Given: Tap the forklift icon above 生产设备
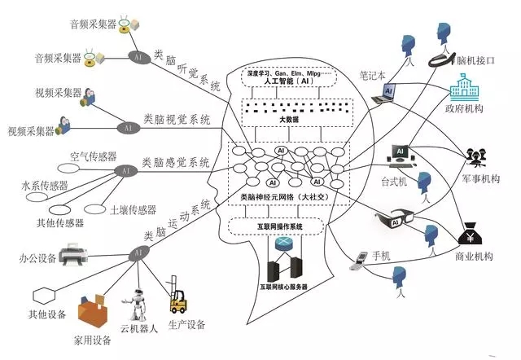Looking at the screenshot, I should coord(177,301).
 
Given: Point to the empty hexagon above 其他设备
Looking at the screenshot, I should coord(41,294).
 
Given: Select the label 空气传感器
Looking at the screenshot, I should coord(94,156).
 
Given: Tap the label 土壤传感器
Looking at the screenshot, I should coord(133,209).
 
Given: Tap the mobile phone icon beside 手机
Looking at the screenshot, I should coord(357,261).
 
